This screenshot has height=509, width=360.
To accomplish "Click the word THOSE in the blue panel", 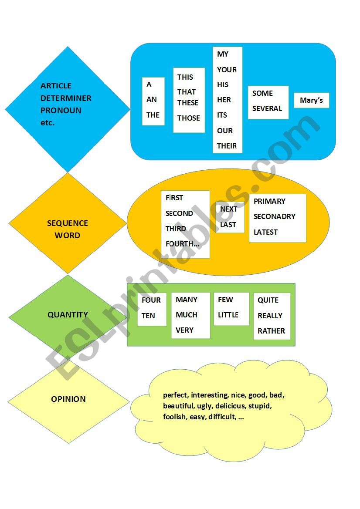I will [188, 118].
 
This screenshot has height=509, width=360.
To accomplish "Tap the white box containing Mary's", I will [311, 101].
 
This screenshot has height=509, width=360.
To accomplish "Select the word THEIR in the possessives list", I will [227, 146].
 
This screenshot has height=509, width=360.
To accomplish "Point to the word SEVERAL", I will [267, 108].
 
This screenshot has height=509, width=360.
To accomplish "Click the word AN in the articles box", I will [151, 99].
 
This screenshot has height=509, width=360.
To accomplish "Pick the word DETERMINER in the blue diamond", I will [66, 98].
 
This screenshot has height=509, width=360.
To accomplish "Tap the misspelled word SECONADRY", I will [274, 216].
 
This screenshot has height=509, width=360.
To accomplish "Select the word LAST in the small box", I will [228, 225].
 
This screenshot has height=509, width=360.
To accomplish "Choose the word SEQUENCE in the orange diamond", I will [68, 223].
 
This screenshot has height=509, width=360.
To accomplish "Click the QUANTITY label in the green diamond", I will [68, 314].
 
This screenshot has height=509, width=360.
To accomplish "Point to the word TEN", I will [148, 316].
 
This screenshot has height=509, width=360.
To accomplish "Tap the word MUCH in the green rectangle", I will [186, 315].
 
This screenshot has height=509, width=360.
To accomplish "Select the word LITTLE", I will [228, 315].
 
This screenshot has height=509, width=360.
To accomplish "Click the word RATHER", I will [271, 331].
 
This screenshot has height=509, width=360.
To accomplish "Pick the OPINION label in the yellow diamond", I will [68, 399].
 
